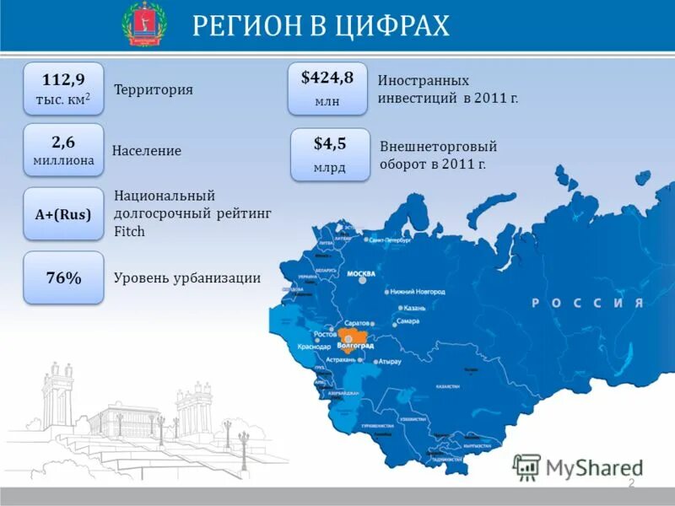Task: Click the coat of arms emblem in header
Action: click(144, 24)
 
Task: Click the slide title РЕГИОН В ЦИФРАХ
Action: click(321, 26)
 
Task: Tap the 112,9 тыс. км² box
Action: click(63, 89)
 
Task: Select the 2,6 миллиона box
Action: click(63, 149)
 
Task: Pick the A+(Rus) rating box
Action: click(63, 214)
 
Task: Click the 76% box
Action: click(63, 277)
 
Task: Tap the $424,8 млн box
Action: click(327, 88)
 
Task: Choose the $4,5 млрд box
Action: click(330, 153)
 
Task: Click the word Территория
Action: click(154, 89)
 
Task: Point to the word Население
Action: click(147, 151)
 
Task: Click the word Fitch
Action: click(129, 231)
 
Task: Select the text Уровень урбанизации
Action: click(187, 277)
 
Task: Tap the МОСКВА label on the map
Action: click(362, 274)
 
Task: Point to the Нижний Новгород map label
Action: click(418, 292)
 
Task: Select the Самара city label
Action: click(408, 321)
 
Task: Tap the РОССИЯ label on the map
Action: click(587, 303)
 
